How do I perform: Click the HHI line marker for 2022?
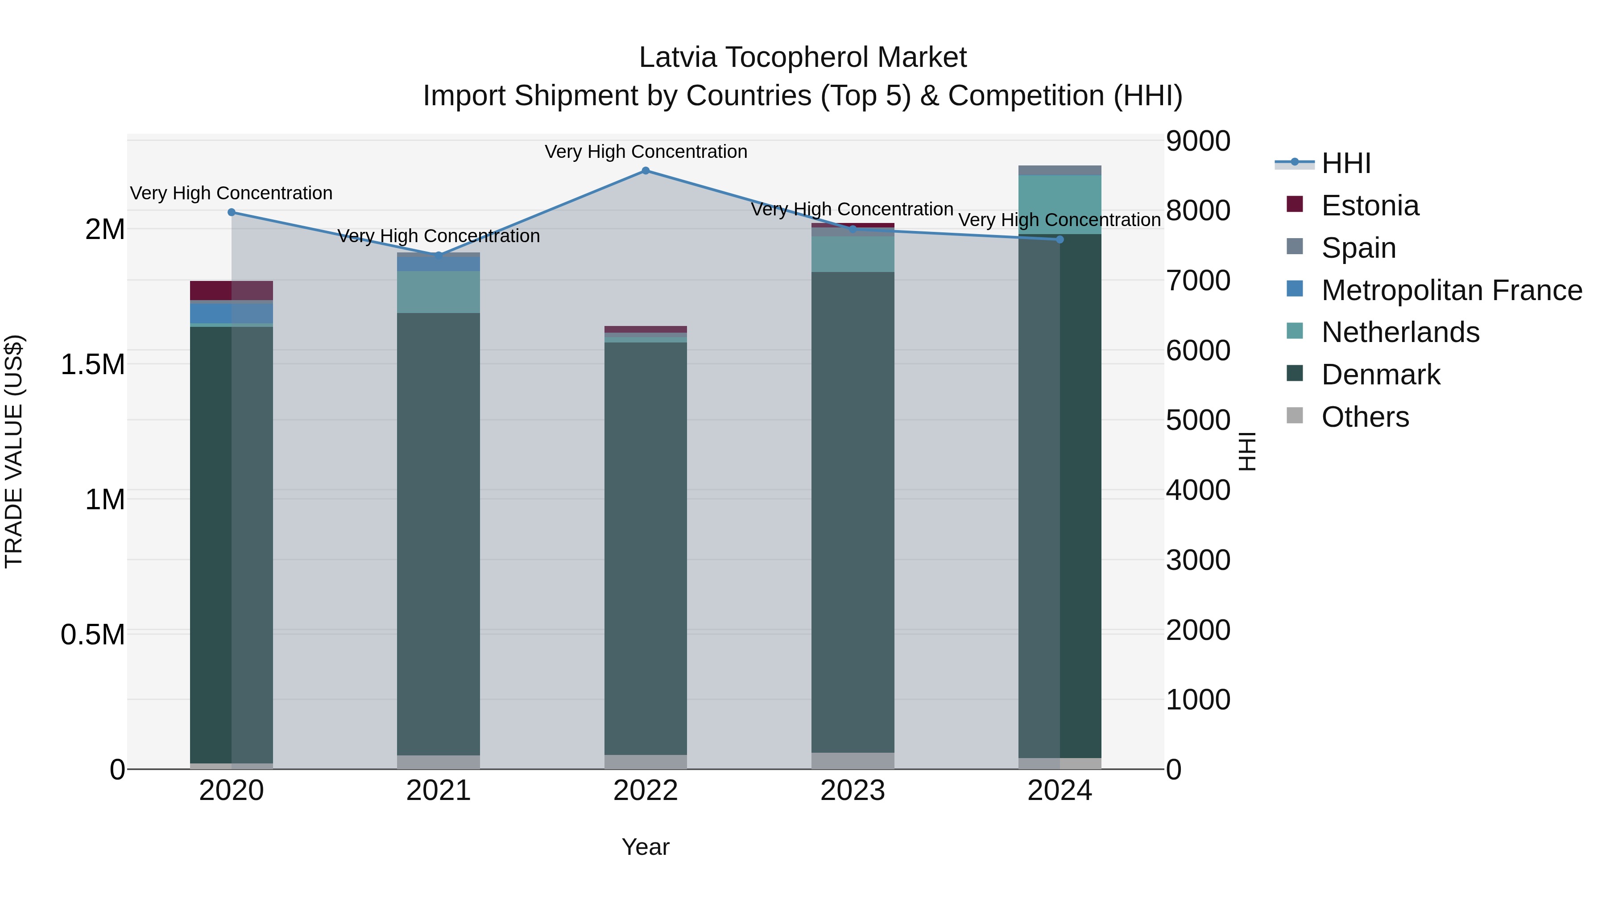645,171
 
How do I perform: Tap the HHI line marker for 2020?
231,213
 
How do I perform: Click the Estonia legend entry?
1370,206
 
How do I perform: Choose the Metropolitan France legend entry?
1451,290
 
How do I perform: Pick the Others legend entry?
1365,417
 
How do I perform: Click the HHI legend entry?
1345,163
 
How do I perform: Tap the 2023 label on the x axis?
852,791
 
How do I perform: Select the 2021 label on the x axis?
438,791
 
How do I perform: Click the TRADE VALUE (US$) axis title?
14,451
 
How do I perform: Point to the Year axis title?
645,847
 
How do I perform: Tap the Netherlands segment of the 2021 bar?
438,292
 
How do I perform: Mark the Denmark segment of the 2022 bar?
645,548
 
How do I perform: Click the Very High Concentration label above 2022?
645,152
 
